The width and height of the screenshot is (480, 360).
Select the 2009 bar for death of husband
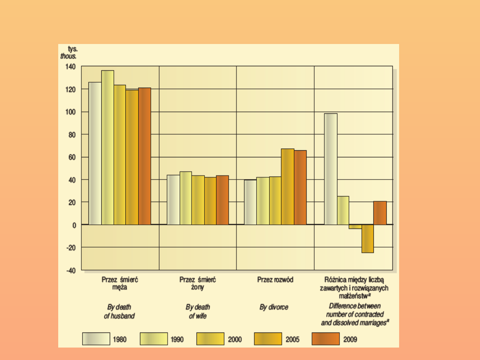point(144,156)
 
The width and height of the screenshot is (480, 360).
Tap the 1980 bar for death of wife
point(173,200)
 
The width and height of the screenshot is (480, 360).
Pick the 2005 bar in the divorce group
point(288,187)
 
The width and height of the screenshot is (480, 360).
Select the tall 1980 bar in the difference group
point(331,169)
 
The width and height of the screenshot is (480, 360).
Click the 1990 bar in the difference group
point(343,210)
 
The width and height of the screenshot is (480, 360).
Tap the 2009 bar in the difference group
point(380,213)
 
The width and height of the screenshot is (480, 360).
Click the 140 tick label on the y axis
point(71,67)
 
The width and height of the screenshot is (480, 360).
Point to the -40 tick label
point(71,270)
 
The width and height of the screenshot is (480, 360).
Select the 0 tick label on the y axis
point(74,225)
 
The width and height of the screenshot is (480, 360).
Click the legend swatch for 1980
point(96,340)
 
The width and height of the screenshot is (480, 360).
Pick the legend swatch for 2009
point(326,340)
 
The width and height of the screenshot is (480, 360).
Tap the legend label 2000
point(235,340)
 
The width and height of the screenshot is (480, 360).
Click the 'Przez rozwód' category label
point(275,280)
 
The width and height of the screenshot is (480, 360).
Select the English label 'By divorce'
point(274,307)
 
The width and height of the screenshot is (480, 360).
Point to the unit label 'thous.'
point(68,56)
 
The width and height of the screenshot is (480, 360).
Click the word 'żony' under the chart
point(198,288)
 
